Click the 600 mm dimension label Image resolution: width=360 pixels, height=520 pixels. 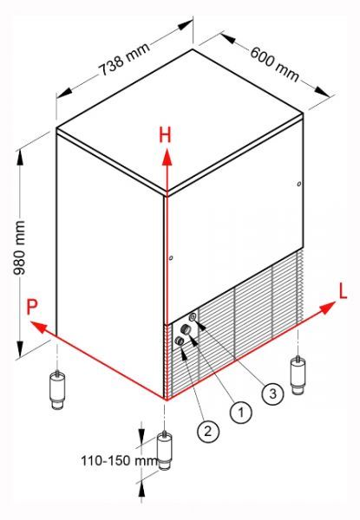coord(274,65)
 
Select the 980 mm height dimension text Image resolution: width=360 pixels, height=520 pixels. coord(19,247)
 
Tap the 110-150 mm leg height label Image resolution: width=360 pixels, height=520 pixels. coord(119,460)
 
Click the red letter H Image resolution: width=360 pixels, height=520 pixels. coord(165,135)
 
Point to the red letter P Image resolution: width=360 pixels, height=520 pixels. coord(32,307)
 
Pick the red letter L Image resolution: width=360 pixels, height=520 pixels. coord(343,292)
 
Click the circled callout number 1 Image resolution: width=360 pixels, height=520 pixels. coord(241,413)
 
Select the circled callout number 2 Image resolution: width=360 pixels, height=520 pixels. coord(208,432)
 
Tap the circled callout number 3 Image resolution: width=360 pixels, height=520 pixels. coord(272,393)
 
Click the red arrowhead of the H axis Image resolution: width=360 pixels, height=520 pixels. coord(167,157)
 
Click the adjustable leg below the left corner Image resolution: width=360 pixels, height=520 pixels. coord(58,389)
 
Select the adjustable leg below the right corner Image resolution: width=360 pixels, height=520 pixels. coord(298,375)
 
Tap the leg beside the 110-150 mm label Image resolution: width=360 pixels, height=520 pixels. coord(164,450)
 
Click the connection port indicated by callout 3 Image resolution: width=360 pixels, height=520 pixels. coord(193,317)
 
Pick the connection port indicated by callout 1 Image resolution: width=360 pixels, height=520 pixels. coord(185,329)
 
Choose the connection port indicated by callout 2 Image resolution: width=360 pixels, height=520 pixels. coord(180,341)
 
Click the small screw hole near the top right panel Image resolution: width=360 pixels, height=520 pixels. coord(299,184)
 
